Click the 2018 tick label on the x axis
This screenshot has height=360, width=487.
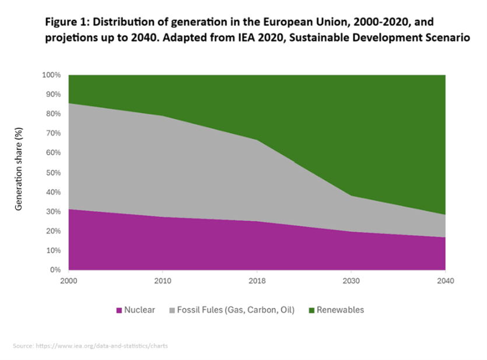click(257, 281)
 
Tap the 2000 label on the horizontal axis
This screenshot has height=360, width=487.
click(69, 281)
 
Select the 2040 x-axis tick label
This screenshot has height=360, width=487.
click(445, 281)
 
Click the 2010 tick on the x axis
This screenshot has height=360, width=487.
click(163, 281)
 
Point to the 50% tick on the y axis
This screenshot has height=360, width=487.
click(53, 173)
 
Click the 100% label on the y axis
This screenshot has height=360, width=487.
click(51, 75)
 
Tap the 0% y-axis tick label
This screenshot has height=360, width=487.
click(55, 270)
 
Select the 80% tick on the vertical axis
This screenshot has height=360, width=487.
click(53, 114)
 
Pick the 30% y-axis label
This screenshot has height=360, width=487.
click(53, 211)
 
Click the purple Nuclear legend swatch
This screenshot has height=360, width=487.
click(120, 310)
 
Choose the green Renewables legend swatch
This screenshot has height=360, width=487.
click(311, 310)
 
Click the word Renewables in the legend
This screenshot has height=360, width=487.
click(340, 310)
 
